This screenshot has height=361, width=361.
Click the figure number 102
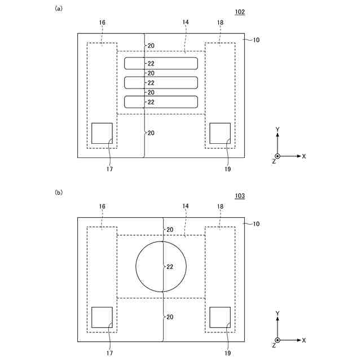(x=240, y=12)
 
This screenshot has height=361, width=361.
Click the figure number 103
(x=240, y=196)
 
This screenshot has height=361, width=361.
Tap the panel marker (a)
(x=59, y=8)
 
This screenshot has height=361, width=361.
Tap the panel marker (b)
(x=59, y=192)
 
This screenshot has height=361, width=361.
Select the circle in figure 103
(x=135, y=267)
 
